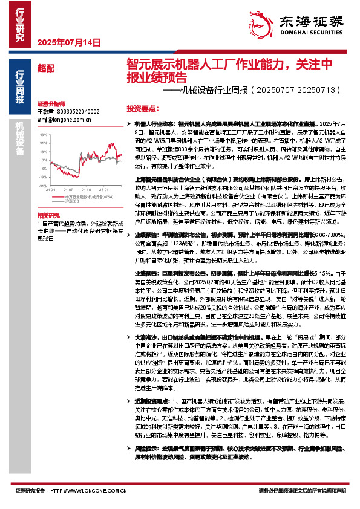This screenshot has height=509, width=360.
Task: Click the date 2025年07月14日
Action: (x=68, y=42)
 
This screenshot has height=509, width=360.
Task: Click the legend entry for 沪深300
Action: (x=71, y=201)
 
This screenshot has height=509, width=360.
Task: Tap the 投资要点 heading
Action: (x=142, y=108)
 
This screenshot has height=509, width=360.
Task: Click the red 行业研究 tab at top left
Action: (x=20, y=25)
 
